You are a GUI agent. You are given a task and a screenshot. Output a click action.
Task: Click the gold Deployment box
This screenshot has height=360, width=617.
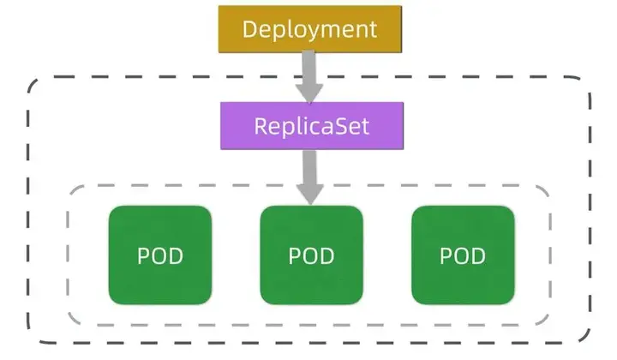pyautogui.click(x=309, y=28)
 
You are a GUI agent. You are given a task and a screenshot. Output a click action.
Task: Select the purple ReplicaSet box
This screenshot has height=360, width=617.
pyautogui.click(x=311, y=126)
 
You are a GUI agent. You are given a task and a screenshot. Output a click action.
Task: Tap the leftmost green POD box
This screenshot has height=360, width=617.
pyautogui.click(x=159, y=255)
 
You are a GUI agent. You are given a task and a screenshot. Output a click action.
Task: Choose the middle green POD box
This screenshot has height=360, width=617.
pyautogui.click(x=311, y=255)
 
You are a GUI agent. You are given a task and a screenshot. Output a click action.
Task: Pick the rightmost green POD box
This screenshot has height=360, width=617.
pyautogui.click(x=463, y=255)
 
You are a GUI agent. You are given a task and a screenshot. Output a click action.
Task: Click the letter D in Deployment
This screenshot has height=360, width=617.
pyautogui.click(x=250, y=28)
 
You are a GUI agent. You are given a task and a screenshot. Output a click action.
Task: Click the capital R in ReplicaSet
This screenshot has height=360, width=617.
pyautogui.click(x=262, y=126)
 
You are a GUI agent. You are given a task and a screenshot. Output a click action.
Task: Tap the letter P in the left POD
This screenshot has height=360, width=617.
pyautogui.click(x=143, y=255)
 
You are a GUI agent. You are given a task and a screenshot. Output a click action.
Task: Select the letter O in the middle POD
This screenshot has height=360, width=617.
pyautogui.click(x=310, y=255)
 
